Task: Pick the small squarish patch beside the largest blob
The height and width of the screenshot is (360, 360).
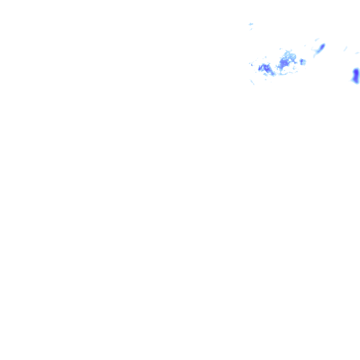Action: tap(302, 62)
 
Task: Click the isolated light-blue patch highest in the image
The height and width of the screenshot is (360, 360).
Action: tap(251, 24)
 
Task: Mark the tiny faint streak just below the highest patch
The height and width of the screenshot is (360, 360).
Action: tap(251, 29)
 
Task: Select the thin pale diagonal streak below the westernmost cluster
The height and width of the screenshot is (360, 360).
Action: tap(252, 82)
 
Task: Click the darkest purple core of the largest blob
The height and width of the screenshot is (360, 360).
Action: tap(283, 64)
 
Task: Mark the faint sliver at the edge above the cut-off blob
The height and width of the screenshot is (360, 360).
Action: tap(357, 53)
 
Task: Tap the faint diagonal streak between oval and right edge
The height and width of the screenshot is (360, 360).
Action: tap(345, 49)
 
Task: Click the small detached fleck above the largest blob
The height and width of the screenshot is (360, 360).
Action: tap(281, 49)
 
